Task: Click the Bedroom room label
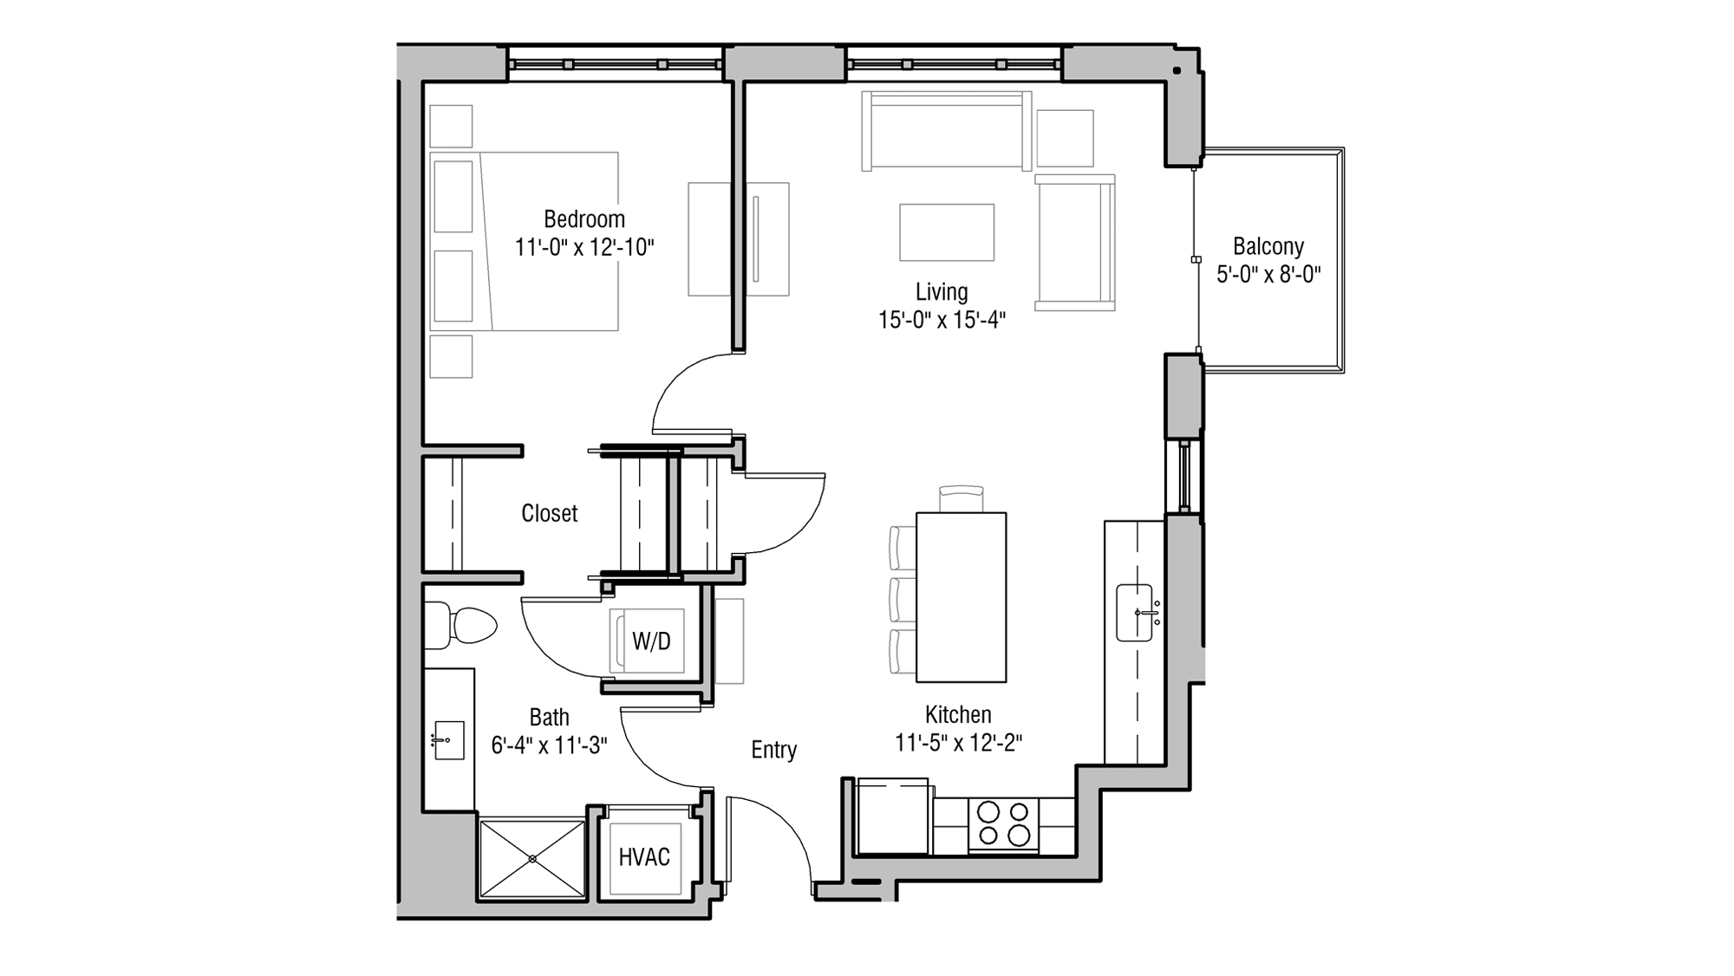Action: [x=583, y=218]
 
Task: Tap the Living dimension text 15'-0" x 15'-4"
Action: [x=942, y=321]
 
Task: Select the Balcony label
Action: [x=1268, y=246]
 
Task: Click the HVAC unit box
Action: [x=644, y=857]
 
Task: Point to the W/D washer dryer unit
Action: [x=651, y=641]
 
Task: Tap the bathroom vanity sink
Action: [x=448, y=740]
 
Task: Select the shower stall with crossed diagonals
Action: [x=532, y=858]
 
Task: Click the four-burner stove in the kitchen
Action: [x=1003, y=824]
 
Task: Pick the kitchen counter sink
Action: [x=1134, y=613]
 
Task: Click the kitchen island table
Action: [x=961, y=597]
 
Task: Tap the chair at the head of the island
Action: [x=961, y=499]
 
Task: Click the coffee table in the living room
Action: [x=947, y=232]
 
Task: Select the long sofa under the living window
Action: [x=946, y=131]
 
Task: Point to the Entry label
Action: [x=773, y=750]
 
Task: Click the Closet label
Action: [x=549, y=513]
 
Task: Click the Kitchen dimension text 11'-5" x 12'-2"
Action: [x=958, y=743]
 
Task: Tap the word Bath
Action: [x=549, y=717]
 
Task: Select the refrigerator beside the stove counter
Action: [x=892, y=817]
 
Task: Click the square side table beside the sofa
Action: [x=1065, y=138]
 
